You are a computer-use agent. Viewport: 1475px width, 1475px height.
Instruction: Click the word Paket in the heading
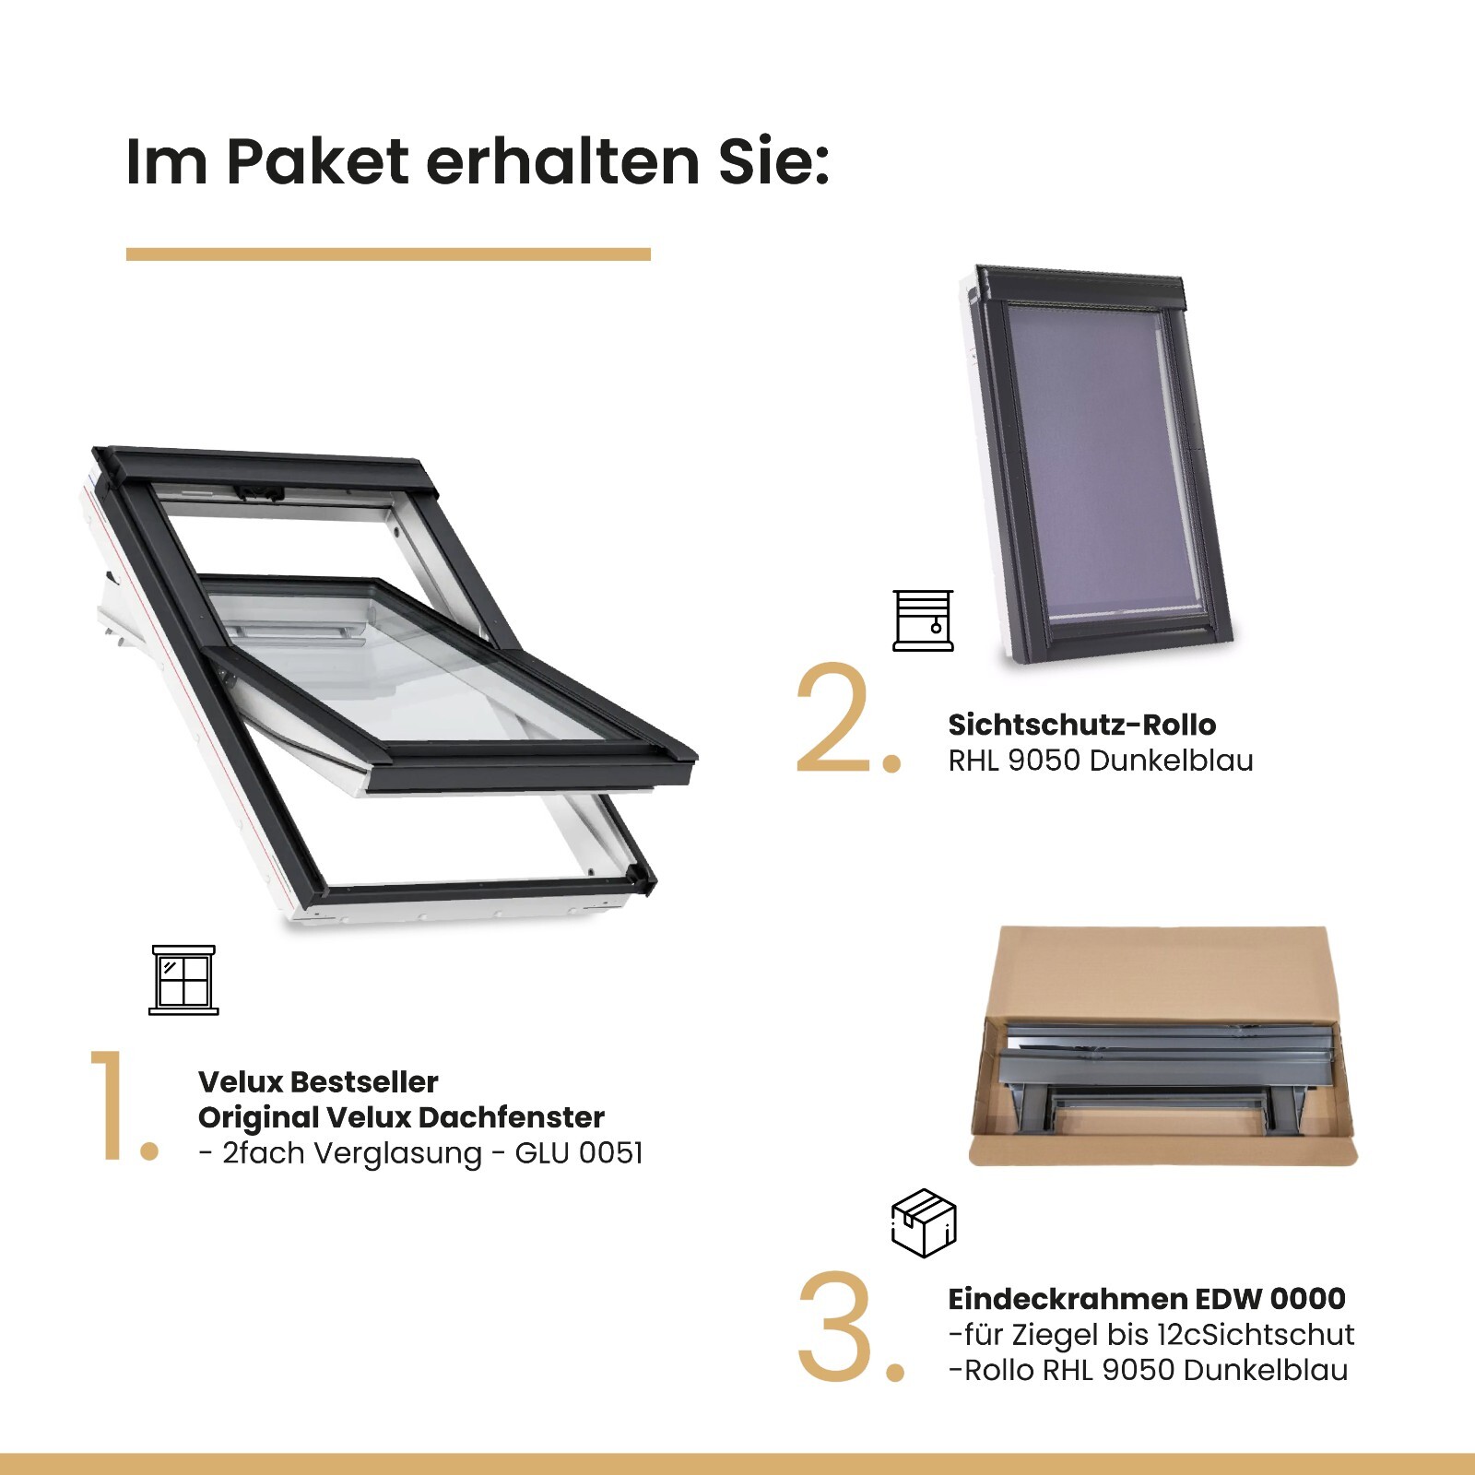click(318, 162)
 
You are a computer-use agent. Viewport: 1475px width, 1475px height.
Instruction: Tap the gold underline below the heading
click(388, 254)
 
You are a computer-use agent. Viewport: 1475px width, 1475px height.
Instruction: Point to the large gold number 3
click(835, 1327)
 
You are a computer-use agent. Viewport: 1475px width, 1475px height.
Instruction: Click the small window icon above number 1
click(183, 979)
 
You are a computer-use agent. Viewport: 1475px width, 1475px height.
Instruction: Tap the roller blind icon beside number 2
click(923, 620)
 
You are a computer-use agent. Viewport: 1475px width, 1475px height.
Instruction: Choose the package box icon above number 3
click(924, 1223)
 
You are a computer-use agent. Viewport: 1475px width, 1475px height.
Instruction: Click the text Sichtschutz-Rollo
click(1081, 725)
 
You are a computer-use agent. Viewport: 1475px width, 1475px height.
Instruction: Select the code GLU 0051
click(578, 1153)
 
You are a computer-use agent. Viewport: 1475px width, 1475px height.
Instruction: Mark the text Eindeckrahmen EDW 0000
click(1146, 1299)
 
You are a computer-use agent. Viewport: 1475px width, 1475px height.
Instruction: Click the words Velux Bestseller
click(318, 1081)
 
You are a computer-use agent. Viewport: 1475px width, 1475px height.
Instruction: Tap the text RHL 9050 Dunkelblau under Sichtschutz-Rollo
click(1100, 761)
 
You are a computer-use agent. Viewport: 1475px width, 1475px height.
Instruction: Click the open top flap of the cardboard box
click(1162, 968)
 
